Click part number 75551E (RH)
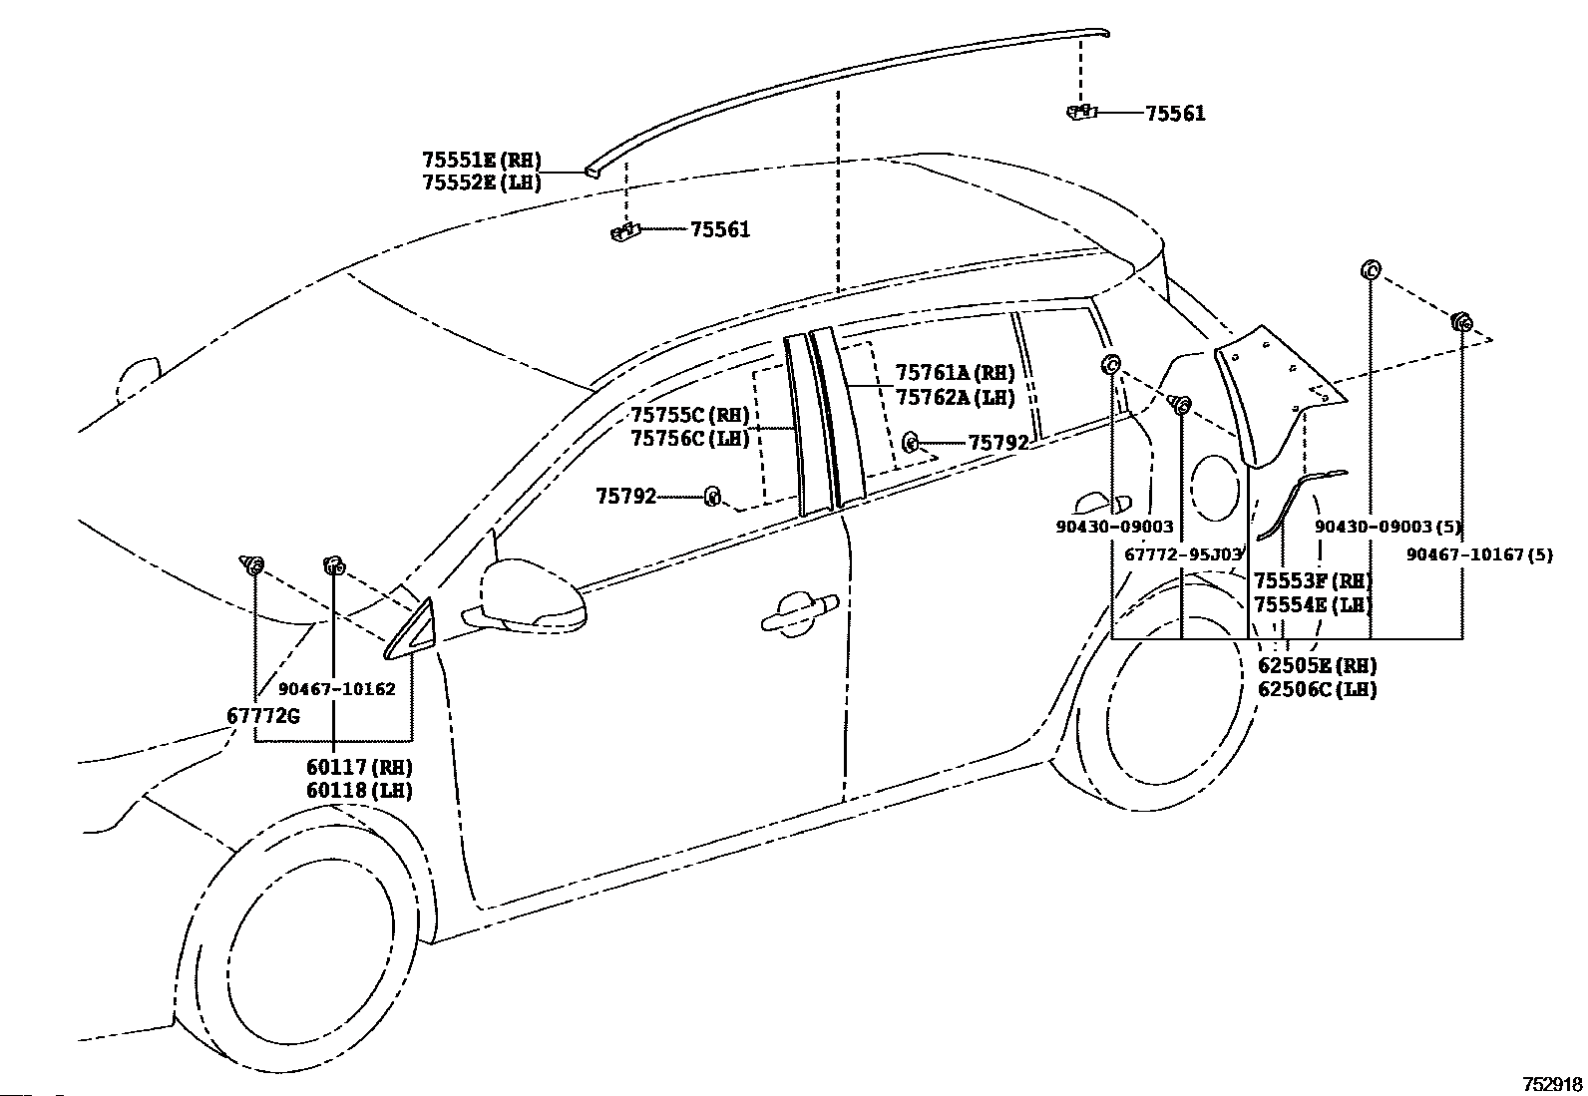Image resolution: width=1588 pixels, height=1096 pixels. pyautogui.click(x=482, y=160)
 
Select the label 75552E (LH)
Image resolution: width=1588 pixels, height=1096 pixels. pyautogui.click(x=482, y=183)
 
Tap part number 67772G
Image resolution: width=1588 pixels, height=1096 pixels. pyautogui.click(x=263, y=716)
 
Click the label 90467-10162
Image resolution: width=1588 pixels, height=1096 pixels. pyautogui.click(x=337, y=688)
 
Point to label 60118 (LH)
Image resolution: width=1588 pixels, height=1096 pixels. pyautogui.click(x=359, y=791)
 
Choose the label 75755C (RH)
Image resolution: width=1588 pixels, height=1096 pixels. pyautogui.click(x=690, y=415)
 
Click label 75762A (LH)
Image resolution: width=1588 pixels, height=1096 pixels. pyautogui.click(x=955, y=397)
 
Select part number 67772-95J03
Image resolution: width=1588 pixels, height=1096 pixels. pyautogui.click(x=1183, y=554)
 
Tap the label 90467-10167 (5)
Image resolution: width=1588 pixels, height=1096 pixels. pyautogui.click(x=1479, y=554)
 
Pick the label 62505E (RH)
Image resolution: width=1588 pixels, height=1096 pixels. pyautogui.click(x=1318, y=666)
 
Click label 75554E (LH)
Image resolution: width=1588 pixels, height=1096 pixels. pyautogui.click(x=1313, y=605)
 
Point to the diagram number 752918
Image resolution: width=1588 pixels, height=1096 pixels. pyautogui.click(x=1552, y=1085)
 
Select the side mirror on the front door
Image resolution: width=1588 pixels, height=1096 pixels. pyautogui.click(x=525, y=597)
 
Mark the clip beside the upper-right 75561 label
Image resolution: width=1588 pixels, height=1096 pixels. pyautogui.click(x=1082, y=112)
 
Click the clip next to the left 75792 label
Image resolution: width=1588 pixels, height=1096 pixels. pyautogui.click(x=712, y=497)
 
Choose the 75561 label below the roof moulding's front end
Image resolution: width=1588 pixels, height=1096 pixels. pyautogui.click(x=720, y=229)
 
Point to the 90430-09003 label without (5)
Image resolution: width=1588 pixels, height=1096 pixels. pyautogui.click(x=1114, y=527)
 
